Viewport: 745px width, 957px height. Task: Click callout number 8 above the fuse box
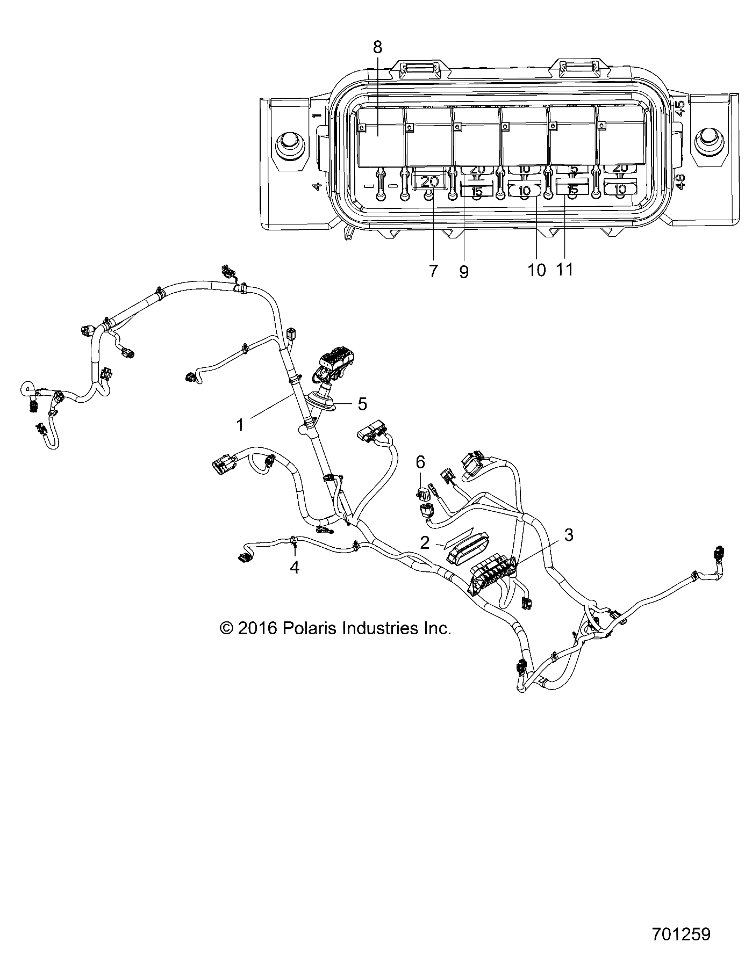click(377, 47)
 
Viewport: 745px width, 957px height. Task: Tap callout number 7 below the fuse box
click(433, 271)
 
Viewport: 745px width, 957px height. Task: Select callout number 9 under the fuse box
click(464, 272)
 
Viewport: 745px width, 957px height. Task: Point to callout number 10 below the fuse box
click(536, 270)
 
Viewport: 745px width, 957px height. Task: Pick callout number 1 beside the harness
click(240, 425)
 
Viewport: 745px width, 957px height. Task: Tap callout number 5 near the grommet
click(362, 404)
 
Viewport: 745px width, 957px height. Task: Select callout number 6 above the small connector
click(420, 461)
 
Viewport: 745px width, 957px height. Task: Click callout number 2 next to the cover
click(425, 542)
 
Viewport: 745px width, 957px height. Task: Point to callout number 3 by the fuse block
click(569, 534)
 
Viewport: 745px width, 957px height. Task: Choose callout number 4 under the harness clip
click(295, 567)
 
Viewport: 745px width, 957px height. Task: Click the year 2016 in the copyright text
click(256, 628)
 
